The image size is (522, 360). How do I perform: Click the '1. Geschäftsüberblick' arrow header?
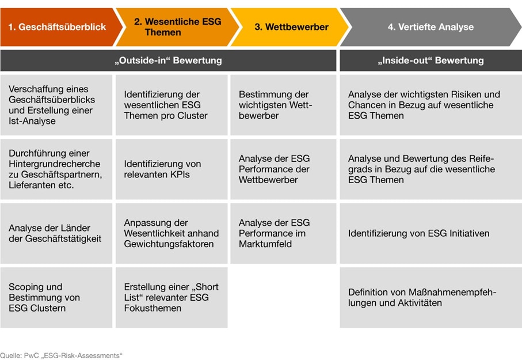58,27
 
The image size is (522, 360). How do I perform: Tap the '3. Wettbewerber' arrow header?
291,27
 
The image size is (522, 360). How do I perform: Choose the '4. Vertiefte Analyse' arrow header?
430,27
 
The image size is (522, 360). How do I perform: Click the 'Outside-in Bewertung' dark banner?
168,60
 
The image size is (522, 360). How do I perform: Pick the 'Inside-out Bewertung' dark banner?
430,60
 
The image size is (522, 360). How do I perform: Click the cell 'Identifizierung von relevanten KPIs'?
171,169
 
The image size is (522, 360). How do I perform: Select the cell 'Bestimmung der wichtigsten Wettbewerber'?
283,105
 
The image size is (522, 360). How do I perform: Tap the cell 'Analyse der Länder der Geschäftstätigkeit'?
56,233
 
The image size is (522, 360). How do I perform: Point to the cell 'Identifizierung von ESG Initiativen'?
430,233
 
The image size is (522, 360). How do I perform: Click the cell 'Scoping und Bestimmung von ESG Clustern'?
56,297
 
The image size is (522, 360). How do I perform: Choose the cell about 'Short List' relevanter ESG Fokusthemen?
171,297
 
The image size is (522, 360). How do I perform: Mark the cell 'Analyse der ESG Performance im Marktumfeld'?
283,233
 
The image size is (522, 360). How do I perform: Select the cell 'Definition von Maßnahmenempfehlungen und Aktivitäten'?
430,297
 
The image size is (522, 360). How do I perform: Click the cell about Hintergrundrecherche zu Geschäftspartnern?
56,169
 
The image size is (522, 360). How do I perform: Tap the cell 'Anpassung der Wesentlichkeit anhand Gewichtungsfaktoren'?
171,233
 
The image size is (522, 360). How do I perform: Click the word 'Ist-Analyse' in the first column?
32,121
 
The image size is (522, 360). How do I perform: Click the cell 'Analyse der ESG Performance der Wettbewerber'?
283,169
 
